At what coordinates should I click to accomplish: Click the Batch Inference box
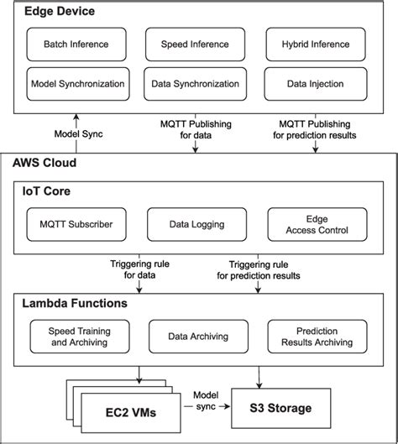(x=77, y=44)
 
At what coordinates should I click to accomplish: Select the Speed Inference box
(x=196, y=44)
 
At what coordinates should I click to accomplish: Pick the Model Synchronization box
(x=77, y=84)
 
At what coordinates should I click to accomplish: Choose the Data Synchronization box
(x=196, y=84)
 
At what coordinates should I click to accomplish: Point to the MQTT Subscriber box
(x=77, y=224)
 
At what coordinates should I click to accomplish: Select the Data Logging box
(x=196, y=224)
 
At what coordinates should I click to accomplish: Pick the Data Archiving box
(x=196, y=335)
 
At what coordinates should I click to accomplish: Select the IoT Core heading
(x=49, y=191)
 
